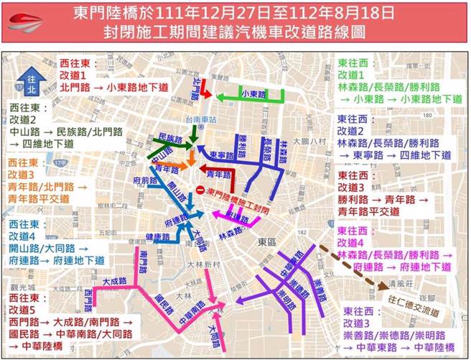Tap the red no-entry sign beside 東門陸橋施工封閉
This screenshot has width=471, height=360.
click(x=199, y=189)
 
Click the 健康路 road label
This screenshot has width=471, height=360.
click(x=157, y=236)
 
